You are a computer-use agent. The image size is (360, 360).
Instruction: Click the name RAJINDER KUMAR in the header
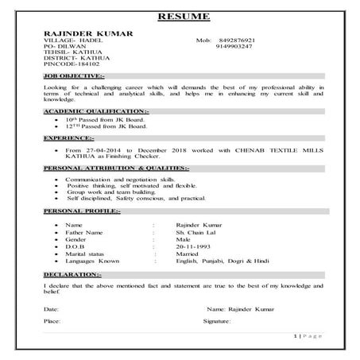click(x=87, y=33)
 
